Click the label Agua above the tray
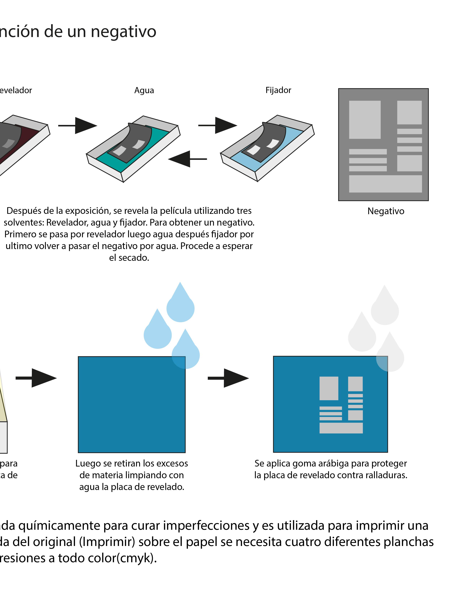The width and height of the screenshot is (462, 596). (x=144, y=90)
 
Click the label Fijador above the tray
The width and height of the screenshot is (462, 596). (x=278, y=90)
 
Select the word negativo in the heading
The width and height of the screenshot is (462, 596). (x=123, y=32)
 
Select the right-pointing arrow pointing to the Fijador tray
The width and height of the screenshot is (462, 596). (x=217, y=126)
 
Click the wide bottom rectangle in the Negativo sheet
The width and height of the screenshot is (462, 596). (x=385, y=184)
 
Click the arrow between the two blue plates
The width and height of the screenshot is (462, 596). (x=228, y=378)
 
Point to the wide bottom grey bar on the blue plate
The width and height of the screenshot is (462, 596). (x=341, y=428)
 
